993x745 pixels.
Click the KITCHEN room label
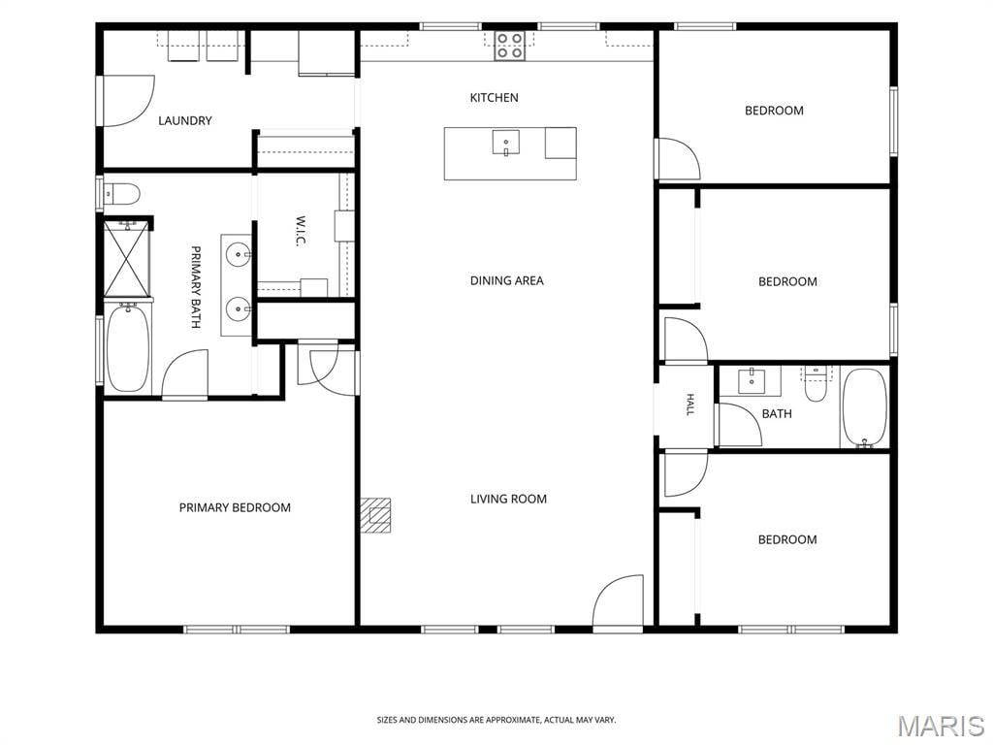494,98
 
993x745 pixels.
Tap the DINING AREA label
506,280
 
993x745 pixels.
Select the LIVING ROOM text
508,500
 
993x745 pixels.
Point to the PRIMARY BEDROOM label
235,507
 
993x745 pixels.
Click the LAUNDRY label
185,120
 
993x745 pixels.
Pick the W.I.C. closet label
301,232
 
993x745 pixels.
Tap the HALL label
690,405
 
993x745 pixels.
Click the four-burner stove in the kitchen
509,46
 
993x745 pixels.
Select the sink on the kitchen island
506,142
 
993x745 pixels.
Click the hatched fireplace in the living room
375,515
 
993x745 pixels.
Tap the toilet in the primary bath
121,194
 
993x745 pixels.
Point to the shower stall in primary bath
127,257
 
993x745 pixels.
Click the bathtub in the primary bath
128,348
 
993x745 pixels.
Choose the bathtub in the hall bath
865,408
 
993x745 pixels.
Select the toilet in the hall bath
816,384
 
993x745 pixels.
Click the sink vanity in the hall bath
752,380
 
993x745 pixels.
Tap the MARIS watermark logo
941,726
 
